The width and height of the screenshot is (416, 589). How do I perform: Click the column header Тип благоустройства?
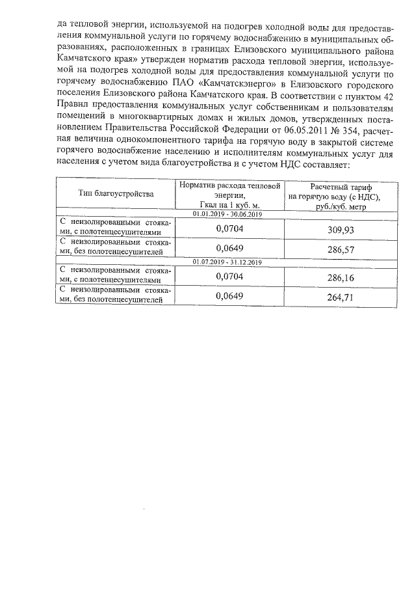[116, 194]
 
